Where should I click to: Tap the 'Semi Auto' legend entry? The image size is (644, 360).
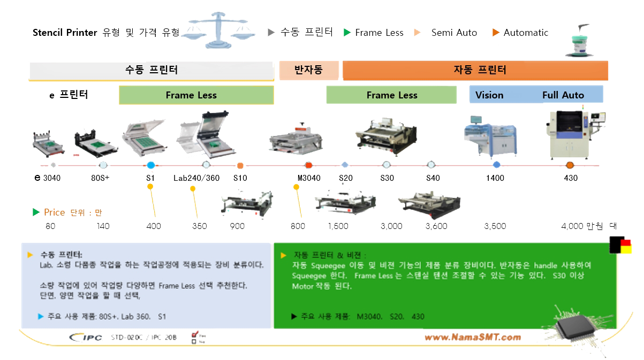point(453,33)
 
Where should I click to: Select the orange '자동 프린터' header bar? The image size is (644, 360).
point(475,70)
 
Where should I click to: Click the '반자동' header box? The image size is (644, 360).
point(309,70)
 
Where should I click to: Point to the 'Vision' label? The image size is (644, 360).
point(489,95)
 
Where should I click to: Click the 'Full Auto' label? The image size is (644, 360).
point(563,95)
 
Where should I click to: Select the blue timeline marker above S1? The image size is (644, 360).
point(150,165)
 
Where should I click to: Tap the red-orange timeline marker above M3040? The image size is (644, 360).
point(308,165)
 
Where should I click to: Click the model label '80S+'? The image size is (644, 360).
point(100,178)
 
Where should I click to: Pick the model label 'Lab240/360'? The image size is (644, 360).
point(196,178)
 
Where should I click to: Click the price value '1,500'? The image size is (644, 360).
point(338,226)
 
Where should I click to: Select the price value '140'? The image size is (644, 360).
point(103,226)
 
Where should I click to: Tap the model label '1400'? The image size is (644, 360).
point(495,178)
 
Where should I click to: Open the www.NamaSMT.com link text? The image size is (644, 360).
point(472,337)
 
